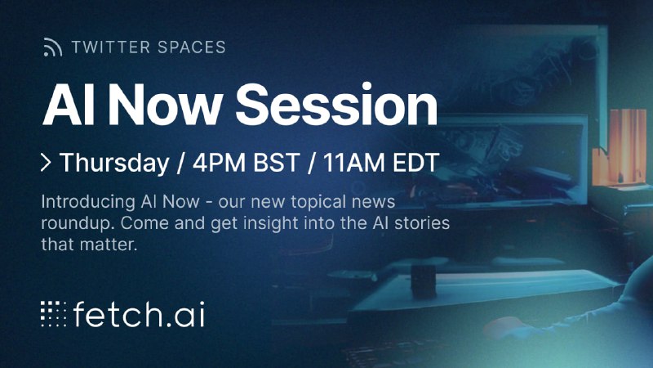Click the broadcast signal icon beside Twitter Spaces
53,47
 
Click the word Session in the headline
336,105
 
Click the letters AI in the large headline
63,105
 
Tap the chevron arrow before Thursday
47,162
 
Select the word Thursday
114,163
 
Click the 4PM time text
219,162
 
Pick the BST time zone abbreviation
277,162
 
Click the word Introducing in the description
88,202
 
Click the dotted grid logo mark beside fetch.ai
53,313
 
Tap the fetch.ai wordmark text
139,314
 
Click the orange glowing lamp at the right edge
620,146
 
